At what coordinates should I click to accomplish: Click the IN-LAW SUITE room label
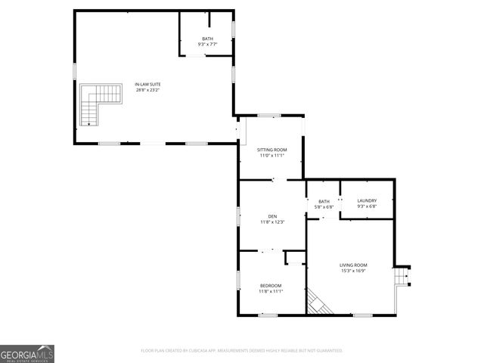click(147, 84)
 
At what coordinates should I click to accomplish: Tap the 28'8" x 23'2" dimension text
click(147, 90)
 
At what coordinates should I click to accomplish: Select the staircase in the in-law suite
click(99, 104)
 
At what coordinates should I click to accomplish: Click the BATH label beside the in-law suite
click(207, 39)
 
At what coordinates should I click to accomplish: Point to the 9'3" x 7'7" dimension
click(207, 45)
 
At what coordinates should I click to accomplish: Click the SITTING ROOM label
click(272, 150)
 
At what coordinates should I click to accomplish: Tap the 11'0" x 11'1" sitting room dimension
click(272, 156)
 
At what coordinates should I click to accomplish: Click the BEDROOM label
click(271, 285)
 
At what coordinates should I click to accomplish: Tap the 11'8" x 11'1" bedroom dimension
click(271, 291)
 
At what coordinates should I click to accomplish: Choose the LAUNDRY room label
click(367, 200)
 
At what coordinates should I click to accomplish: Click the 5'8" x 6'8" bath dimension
click(324, 206)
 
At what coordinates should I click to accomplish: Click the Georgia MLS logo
click(27, 353)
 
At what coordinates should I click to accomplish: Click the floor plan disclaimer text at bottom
click(242, 351)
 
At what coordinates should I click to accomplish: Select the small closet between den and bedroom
click(295, 258)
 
